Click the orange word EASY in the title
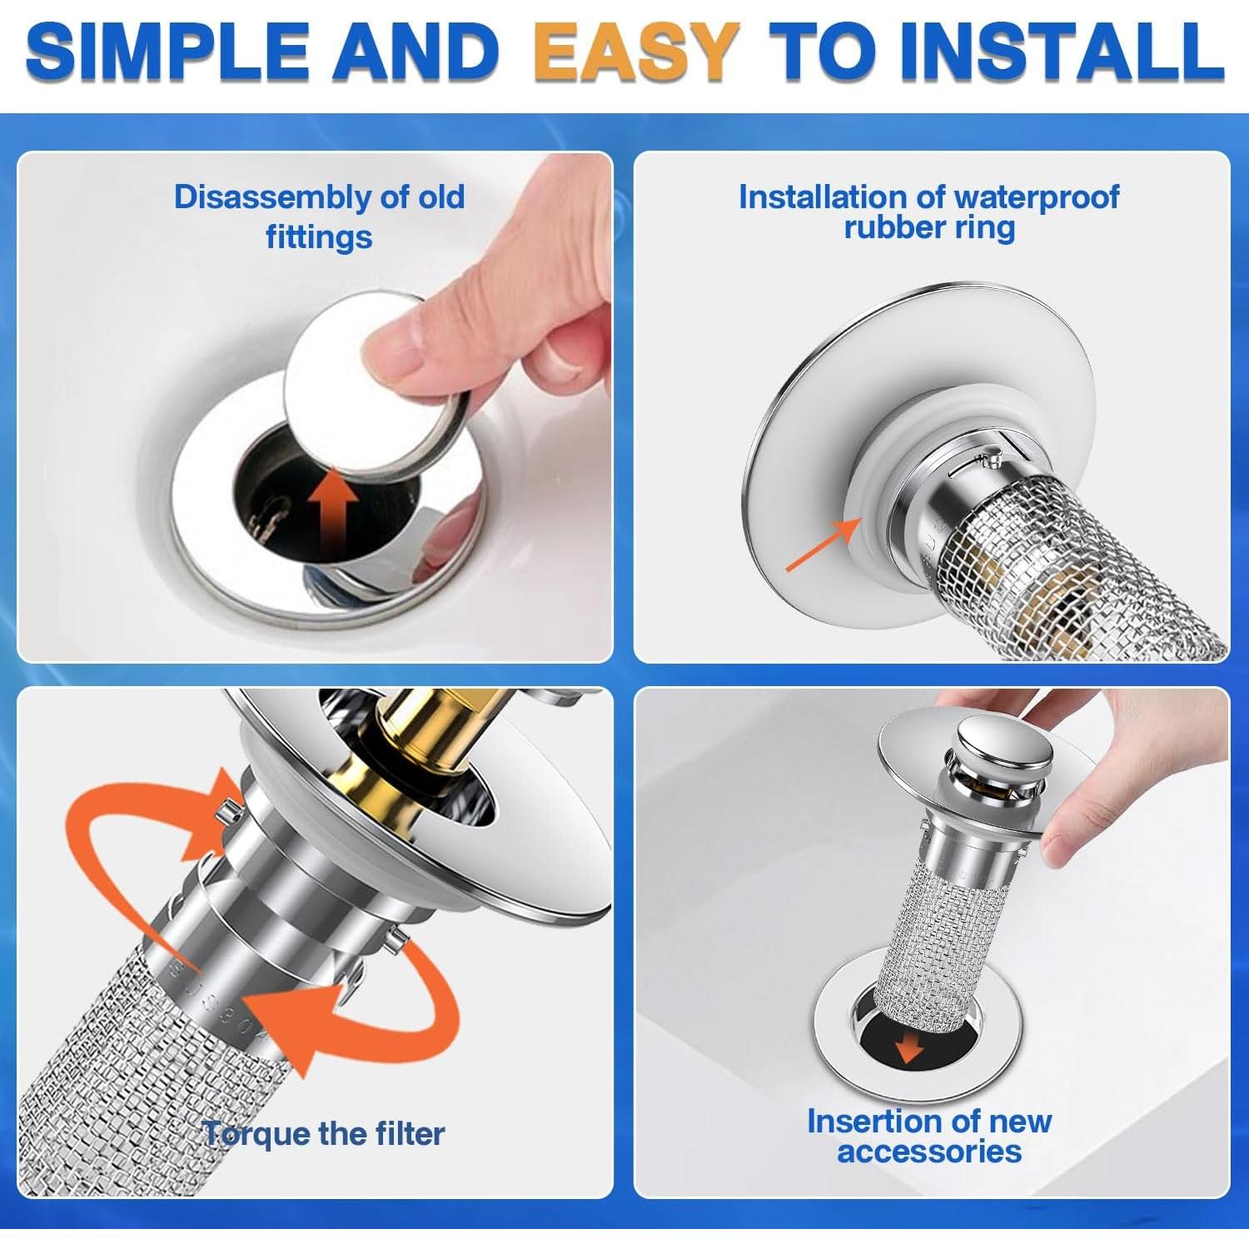635,52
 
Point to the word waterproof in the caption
1036,197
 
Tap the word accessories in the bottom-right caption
929,1152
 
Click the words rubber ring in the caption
929,228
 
